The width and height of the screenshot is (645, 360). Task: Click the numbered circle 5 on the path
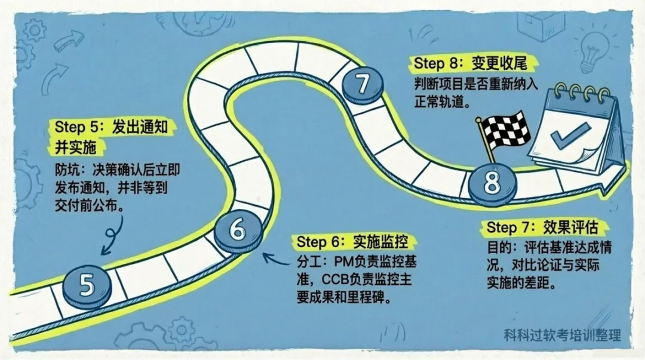point(87,285)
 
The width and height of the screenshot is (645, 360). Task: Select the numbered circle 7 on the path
point(363,85)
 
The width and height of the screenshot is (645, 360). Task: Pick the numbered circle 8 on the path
point(492,183)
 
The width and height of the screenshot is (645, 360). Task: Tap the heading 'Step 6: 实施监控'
point(357,242)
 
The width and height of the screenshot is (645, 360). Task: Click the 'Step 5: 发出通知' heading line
point(115,127)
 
